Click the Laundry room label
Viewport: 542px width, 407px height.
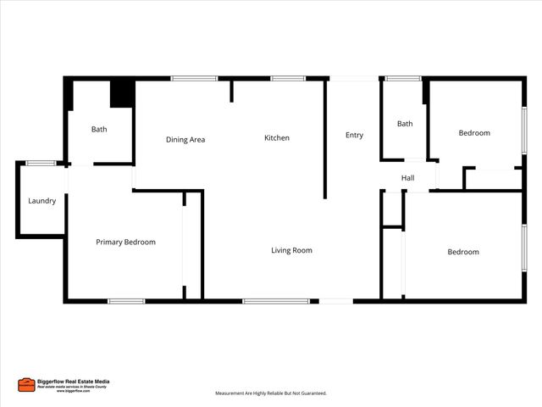41,201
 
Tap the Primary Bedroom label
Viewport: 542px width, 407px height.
125,242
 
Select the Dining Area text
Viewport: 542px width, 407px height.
185,139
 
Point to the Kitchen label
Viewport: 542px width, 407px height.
277,137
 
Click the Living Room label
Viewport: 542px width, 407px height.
291,250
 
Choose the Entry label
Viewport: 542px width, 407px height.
354,135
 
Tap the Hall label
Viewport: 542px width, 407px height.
407,178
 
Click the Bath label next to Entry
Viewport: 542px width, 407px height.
405,124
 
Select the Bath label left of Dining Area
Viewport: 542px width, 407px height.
99,129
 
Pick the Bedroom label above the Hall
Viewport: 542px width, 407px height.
474,133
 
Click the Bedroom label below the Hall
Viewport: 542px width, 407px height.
463,252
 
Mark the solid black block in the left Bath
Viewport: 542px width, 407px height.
122,94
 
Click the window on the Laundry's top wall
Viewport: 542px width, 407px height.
41,163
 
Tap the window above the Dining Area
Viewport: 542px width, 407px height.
194,79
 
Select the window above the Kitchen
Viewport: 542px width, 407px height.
288,79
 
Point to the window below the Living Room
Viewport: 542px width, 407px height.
275,300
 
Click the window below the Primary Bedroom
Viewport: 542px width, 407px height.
125,300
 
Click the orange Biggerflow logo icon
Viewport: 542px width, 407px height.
26,385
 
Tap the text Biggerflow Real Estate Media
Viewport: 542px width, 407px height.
73,382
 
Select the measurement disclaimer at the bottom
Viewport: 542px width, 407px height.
270,393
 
